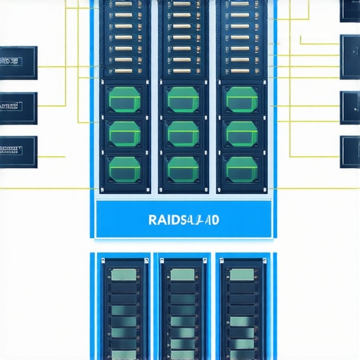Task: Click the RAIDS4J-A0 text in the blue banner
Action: [x=184, y=219]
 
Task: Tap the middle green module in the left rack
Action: [x=124, y=131]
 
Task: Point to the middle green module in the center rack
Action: [x=183, y=131]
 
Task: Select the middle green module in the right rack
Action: [x=241, y=131]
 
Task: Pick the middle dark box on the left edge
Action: [x=18, y=106]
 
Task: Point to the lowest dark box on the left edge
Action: [x=18, y=149]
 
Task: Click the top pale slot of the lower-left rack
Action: [x=124, y=275]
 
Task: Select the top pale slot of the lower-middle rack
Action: [x=182, y=275]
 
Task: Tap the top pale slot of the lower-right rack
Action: [x=240, y=275]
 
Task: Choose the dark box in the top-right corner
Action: [x=350, y=9]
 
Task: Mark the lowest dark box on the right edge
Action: [x=350, y=152]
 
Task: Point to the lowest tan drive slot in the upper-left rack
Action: [x=123, y=70]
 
